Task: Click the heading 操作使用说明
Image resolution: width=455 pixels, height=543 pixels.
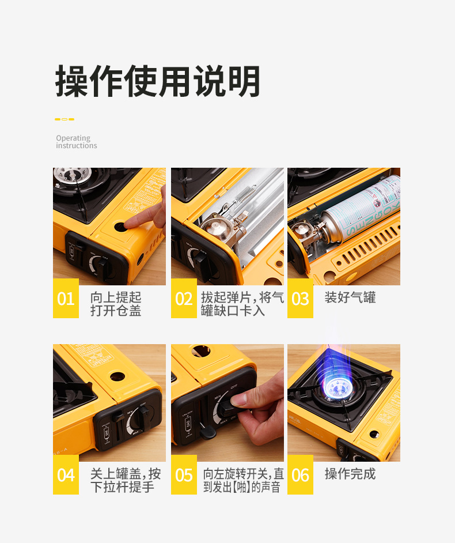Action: click(158, 82)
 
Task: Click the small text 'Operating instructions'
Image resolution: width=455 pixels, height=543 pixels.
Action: click(76, 142)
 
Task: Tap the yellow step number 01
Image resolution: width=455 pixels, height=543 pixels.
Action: click(66, 299)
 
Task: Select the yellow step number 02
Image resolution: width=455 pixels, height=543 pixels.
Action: click(184, 299)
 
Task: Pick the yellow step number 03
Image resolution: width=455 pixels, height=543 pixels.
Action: click(300, 299)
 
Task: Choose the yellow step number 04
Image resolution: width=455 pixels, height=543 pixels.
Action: click(66, 475)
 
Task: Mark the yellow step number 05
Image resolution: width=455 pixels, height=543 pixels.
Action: click(184, 475)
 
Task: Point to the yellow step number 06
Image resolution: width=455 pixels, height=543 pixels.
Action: click(300, 475)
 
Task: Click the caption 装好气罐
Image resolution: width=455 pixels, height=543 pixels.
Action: click(350, 298)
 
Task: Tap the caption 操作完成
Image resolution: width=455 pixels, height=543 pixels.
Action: click(350, 474)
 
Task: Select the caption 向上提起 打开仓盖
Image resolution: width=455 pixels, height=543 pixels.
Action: click(116, 304)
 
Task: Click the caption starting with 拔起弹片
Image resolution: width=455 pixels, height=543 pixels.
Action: click(242, 304)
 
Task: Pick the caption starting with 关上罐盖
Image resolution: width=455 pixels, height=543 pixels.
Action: click(126, 480)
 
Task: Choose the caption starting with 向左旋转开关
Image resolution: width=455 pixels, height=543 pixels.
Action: click(243, 480)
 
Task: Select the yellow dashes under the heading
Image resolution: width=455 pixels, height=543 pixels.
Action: click(65, 119)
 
